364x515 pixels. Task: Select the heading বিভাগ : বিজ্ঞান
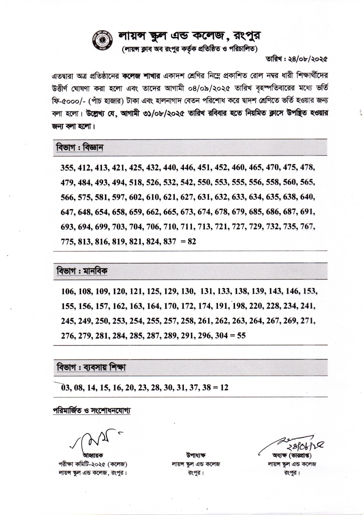[80, 148]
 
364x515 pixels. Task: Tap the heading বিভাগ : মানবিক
[82, 271]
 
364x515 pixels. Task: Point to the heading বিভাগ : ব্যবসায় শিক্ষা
[91, 367]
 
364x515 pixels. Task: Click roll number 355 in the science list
[67, 167]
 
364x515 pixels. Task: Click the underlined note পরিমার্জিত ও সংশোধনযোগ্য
[92, 411]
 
